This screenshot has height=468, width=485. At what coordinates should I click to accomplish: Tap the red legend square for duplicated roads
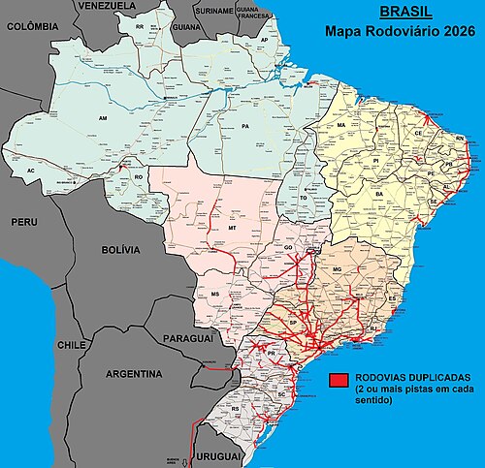(339, 378)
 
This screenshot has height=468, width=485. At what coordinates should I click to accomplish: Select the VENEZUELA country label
(105, 6)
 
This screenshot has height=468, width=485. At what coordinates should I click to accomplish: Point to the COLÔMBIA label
(33, 28)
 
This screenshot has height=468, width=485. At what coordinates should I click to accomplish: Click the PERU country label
(23, 222)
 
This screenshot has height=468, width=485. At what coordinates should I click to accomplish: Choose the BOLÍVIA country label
(121, 250)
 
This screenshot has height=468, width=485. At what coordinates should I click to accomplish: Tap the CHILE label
(72, 344)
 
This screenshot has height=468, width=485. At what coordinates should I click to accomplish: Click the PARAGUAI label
(187, 338)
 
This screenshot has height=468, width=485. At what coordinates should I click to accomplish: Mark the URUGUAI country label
(220, 455)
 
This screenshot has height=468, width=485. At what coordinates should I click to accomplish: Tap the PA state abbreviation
(246, 126)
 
